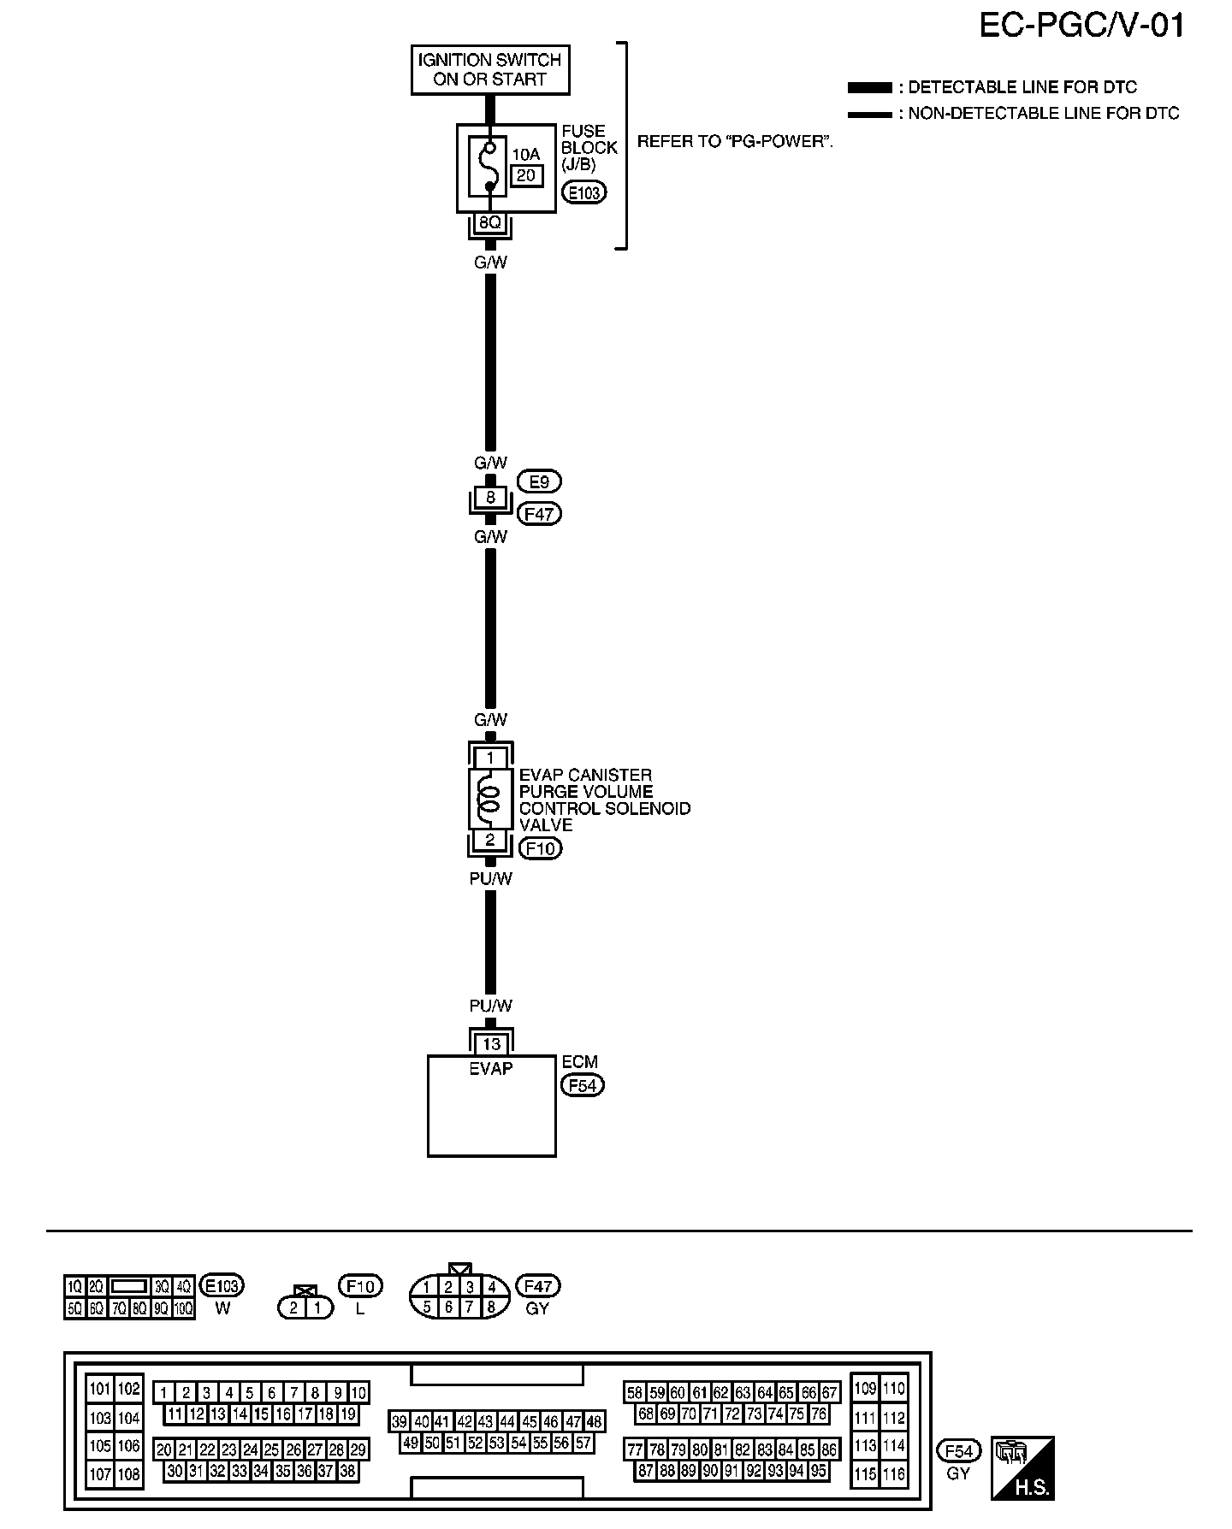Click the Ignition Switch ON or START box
490,70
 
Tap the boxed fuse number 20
526,175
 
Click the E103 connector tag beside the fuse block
583,192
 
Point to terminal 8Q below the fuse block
489,223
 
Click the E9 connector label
539,482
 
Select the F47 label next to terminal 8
540,514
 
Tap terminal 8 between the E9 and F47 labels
490,497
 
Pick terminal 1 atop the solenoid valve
490,758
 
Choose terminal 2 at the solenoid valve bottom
490,840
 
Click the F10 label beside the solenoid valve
541,848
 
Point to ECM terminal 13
491,1044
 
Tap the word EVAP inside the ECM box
491,1068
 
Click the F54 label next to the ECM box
582,1085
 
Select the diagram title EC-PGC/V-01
1081,26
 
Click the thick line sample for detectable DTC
869,88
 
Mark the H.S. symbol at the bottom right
1022,1467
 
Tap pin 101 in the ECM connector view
100,1389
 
